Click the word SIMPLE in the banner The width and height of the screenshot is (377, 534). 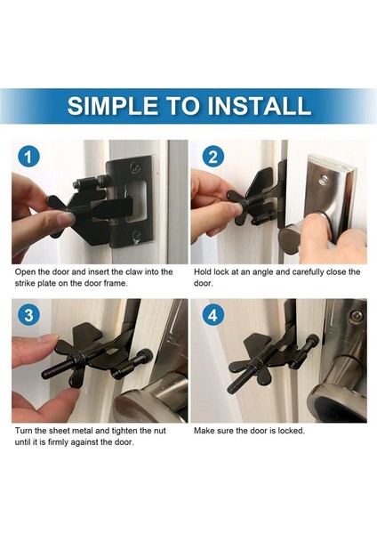tap(112, 106)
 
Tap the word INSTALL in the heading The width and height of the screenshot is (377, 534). tap(260, 106)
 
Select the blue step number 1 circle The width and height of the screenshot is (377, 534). tap(28, 157)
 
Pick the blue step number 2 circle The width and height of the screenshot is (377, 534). tap(213, 157)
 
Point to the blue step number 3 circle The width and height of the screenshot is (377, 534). tap(28, 315)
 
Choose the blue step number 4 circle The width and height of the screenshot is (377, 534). tap(213, 315)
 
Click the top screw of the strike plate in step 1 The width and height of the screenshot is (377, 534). tap(136, 167)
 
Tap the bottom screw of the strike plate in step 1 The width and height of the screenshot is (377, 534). tap(137, 234)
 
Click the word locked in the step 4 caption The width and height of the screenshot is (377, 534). tap(292, 431)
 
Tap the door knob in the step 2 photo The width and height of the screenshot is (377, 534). tap(300, 235)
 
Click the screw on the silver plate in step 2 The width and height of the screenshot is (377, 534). tap(325, 179)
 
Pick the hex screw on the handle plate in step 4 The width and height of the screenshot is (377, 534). tap(355, 316)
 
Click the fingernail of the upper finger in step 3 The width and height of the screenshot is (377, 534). tap(51, 338)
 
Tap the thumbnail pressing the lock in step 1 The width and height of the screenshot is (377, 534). tap(65, 219)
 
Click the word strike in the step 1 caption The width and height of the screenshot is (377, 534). tap(24, 283)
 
